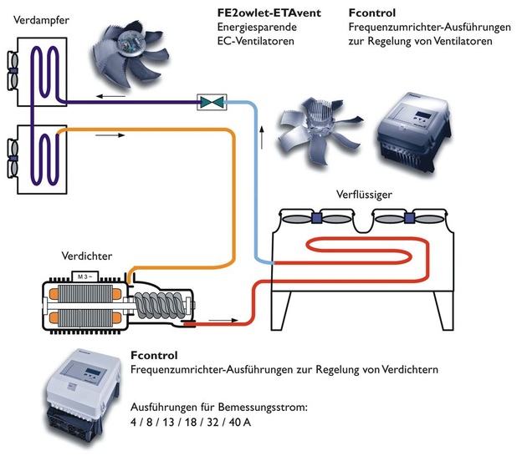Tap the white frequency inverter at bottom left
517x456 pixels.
pos(82,400)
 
